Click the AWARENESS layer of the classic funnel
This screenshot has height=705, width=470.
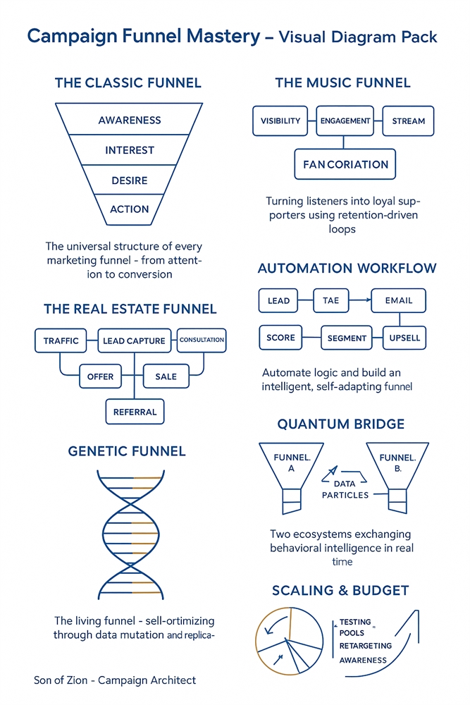click(129, 119)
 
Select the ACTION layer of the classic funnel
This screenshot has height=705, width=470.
click(129, 209)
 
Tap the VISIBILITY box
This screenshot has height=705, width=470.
click(280, 121)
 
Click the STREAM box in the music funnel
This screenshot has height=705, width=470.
click(408, 121)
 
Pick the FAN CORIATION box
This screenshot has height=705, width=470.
click(345, 164)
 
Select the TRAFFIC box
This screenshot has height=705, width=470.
click(61, 341)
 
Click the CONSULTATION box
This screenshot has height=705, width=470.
click(202, 340)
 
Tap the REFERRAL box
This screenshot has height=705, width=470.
click(135, 412)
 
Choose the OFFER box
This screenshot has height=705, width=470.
click(101, 376)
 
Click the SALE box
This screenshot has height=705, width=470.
click(166, 376)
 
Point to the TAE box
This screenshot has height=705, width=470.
click(331, 300)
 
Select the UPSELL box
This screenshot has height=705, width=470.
click(404, 338)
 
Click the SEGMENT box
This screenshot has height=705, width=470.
click(347, 338)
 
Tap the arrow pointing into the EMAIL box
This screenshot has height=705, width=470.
click(360, 300)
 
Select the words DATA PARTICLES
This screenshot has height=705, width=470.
click(345, 489)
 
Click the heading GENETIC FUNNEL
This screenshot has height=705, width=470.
click(127, 451)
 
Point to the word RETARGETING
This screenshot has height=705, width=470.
click(365, 646)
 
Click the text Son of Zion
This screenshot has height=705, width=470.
click(61, 680)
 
